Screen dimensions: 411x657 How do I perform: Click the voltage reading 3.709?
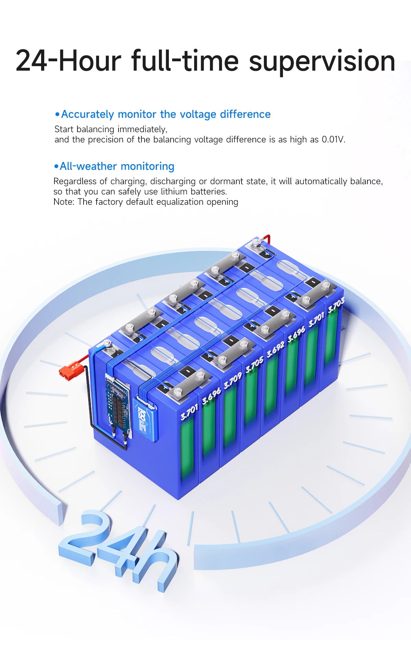(233, 381)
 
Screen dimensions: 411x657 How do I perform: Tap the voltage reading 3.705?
(254, 364)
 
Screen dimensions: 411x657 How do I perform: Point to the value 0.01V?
(333, 139)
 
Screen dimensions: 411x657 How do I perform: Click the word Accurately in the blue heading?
(87, 114)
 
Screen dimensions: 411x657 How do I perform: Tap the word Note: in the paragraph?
(64, 202)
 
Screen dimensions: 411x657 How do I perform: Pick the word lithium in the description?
(174, 191)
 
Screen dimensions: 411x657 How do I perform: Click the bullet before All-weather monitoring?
(57, 166)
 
